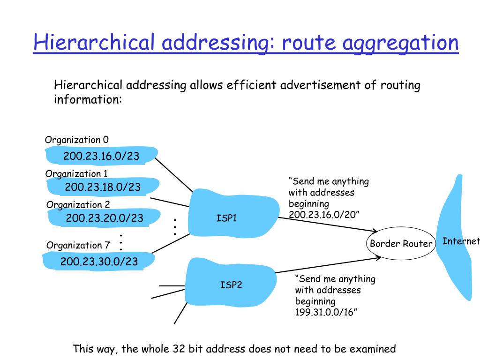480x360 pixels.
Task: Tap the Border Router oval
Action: [x=400, y=244]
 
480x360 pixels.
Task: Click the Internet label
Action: [x=461, y=241]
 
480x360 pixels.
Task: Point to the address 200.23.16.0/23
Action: [x=101, y=156]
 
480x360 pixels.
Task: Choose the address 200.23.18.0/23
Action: [x=103, y=187]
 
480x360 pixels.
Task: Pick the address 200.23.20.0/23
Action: [x=105, y=218]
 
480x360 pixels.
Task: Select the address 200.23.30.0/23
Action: [x=99, y=262]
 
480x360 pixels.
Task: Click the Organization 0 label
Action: [x=77, y=140]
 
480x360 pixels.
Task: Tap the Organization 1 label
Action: [x=76, y=174]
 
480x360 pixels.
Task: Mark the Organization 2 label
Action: [x=78, y=205]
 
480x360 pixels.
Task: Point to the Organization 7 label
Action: [x=78, y=245]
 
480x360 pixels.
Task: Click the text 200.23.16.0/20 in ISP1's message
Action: [x=323, y=214]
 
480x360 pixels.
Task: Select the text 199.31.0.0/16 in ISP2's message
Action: [x=326, y=312]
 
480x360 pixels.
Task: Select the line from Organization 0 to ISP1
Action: [x=173, y=174]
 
